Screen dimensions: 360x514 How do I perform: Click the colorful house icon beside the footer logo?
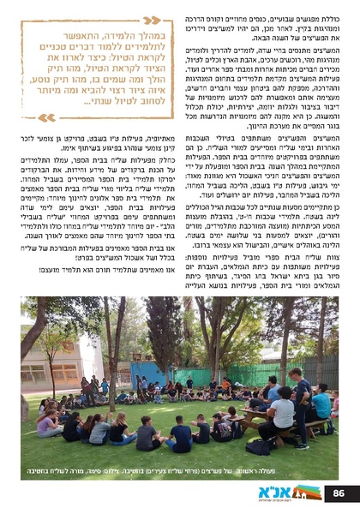click(297, 491)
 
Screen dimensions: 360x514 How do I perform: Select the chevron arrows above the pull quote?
click(151, 20)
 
